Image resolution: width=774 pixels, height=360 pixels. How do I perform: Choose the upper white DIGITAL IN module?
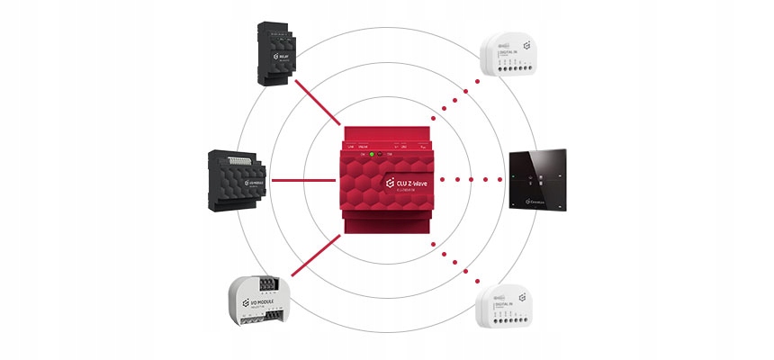[514, 58]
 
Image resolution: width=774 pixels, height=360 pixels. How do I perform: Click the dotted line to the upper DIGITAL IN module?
[454, 98]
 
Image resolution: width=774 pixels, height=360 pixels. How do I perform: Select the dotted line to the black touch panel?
[472, 179]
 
